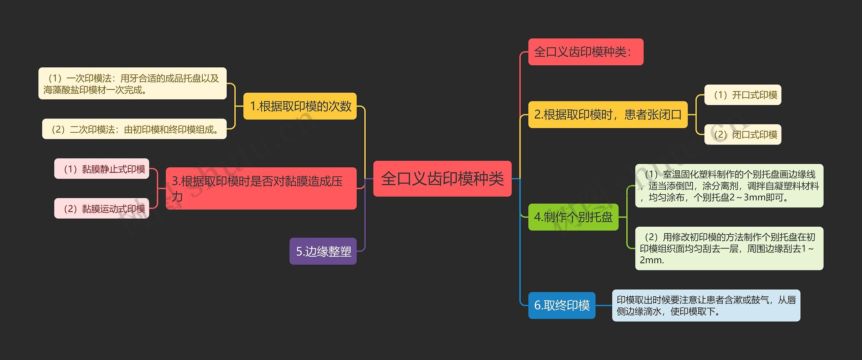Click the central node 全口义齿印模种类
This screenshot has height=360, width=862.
tap(442, 178)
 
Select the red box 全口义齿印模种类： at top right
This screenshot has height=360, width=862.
tap(586, 52)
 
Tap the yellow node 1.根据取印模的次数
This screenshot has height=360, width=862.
tap(300, 106)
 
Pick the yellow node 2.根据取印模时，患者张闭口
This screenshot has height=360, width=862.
tap(607, 114)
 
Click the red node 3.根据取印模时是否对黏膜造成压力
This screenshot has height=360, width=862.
tap(261, 188)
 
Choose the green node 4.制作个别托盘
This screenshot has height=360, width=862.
tap(573, 217)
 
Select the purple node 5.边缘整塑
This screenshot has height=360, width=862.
tap(323, 251)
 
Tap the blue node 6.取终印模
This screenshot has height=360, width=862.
tap(562, 305)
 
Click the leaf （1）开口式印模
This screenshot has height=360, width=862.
tap(742, 95)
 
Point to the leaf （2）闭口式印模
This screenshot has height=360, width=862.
tap(742, 134)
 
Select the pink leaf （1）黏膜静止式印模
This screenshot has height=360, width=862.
tap(102, 169)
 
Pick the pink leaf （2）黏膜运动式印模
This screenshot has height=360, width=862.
tap(102, 208)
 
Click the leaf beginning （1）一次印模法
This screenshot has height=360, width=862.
tap(132, 84)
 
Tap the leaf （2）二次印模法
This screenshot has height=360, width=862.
tap(134, 129)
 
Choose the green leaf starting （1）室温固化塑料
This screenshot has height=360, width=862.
tap(729, 186)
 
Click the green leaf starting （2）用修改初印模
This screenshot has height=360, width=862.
tap(729, 248)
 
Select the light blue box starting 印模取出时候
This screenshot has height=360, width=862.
tap(706, 305)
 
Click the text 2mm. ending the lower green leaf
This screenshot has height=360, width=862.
tap(652, 260)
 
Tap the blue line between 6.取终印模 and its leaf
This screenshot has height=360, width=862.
tap(604, 305)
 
